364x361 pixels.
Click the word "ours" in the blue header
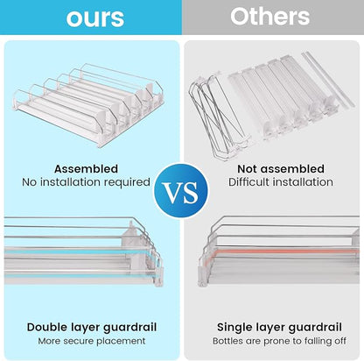click(x=95, y=18)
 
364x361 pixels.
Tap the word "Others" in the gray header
click(x=269, y=16)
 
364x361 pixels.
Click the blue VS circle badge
click(x=181, y=191)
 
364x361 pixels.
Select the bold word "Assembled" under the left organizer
click(x=86, y=169)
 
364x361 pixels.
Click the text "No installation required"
click(x=86, y=182)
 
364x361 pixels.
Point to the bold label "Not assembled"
click(x=281, y=169)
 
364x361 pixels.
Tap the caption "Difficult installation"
click(x=281, y=182)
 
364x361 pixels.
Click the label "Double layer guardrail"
click(x=92, y=327)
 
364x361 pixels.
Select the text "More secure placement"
click(x=92, y=341)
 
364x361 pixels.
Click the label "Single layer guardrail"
click(x=279, y=327)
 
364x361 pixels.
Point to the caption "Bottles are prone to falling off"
click(x=279, y=341)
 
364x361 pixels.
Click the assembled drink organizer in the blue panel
click(x=87, y=104)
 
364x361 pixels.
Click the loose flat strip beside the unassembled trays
click(x=328, y=78)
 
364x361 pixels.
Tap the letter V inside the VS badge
click(x=171, y=193)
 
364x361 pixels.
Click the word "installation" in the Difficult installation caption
click(x=303, y=182)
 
